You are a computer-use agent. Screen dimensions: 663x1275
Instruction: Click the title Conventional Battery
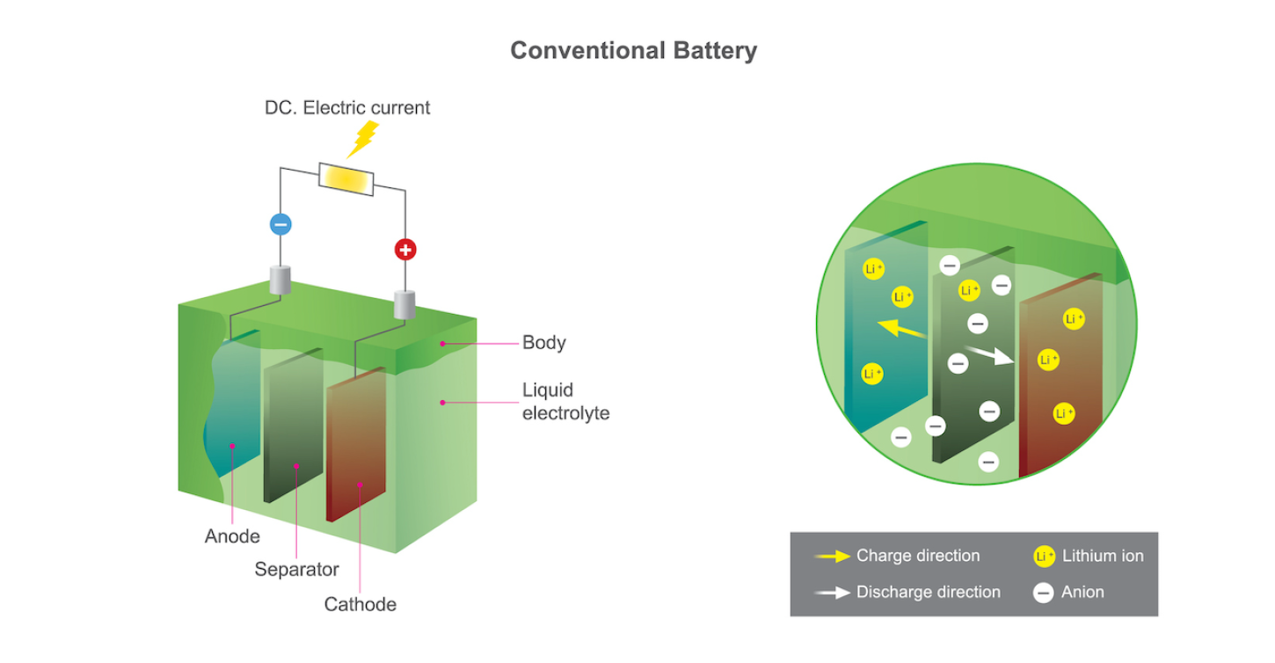633,50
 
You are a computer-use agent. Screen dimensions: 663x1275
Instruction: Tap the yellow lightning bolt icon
363,139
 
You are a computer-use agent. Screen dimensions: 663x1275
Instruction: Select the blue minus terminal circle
280,224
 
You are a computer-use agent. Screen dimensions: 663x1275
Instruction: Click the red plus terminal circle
404,250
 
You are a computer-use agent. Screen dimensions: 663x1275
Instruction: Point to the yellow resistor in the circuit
346,178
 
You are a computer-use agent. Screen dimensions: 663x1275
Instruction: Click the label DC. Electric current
347,108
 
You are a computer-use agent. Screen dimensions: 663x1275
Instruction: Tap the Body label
543,343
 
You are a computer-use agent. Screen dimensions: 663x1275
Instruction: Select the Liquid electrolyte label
565,401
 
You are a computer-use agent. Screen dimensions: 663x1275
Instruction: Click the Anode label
232,536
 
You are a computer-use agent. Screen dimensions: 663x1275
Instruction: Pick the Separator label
296,570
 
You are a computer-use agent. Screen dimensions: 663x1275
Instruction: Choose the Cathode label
360,605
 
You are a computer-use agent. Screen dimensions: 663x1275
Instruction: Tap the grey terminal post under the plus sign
404,304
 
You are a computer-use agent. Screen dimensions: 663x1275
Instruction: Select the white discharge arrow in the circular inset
989,356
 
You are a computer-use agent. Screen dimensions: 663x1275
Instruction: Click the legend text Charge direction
917,556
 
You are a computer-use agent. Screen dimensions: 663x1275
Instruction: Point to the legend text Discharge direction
928,592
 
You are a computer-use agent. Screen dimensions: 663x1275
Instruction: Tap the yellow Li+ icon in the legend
1044,557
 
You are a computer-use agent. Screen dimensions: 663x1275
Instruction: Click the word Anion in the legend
1082,592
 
